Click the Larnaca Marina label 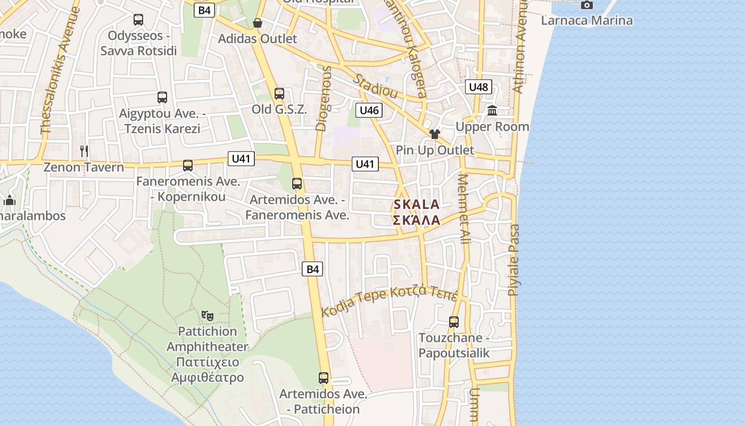click(x=586, y=21)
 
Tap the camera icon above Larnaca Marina click(x=587, y=5)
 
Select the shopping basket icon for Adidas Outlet click(x=258, y=22)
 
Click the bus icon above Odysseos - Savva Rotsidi click(x=138, y=20)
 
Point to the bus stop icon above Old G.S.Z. click(x=279, y=94)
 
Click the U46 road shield click(x=369, y=110)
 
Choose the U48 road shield click(x=478, y=87)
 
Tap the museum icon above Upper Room click(x=492, y=111)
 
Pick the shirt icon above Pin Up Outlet click(x=435, y=134)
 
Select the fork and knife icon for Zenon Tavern click(x=84, y=151)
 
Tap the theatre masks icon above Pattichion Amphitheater click(x=208, y=315)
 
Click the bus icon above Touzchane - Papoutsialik click(x=454, y=322)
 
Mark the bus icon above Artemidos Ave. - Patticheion click(x=324, y=378)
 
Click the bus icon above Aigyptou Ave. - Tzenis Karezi click(x=162, y=97)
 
